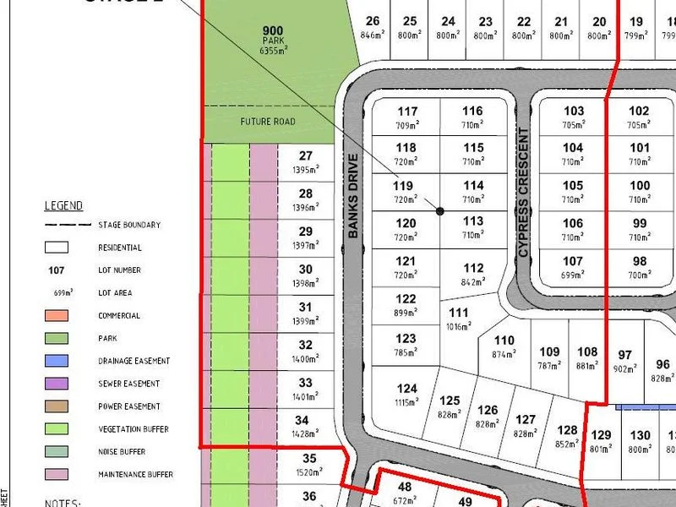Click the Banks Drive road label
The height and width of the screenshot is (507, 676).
pyautogui.click(x=353, y=196)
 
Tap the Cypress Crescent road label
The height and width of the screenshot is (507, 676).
pyautogui.click(x=524, y=194)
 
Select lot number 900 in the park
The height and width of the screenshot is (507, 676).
pyautogui.click(x=273, y=31)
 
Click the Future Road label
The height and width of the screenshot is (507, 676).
pyautogui.click(x=268, y=122)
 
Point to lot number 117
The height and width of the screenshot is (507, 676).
pyautogui.click(x=407, y=112)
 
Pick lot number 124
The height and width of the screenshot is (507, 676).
pyautogui.click(x=407, y=389)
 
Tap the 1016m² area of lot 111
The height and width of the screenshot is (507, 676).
pyautogui.click(x=457, y=325)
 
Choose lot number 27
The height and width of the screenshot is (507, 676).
pyautogui.click(x=306, y=155)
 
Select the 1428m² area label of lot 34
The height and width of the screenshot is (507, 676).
pyautogui.click(x=306, y=433)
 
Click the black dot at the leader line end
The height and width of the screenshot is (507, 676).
pyautogui.click(x=440, y=211)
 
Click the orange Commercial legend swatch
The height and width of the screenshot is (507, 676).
pyautogui.click(x=58, y=316)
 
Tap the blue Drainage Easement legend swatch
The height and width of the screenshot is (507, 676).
pyautogui.click(x=58, y=361)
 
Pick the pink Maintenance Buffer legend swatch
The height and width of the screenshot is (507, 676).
pyautogui.click(x=58, y=474)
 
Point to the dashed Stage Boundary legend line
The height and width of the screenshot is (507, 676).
pyautogui.click(x=68, y=226)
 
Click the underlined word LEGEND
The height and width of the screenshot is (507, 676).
pyautogui.click(x=63, y=205)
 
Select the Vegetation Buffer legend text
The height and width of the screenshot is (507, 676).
pyautogui.click(x=134, y=429)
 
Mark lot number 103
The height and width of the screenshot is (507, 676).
pyautogui.click(x=574, y=112)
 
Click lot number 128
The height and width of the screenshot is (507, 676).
pyautogui.click(x=568, y=431)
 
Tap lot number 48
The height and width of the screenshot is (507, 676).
pyautogui.click(x=404, y=488)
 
